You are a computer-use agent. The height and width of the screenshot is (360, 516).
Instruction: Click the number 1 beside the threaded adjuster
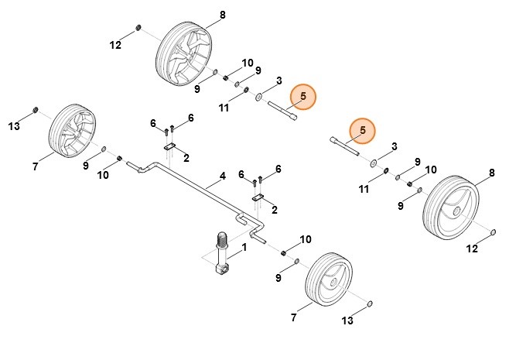tap(244, 248)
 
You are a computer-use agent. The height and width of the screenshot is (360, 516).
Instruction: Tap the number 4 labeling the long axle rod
tap(222, 177)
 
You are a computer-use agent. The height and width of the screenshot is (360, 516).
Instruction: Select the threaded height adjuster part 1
tap(221, 252)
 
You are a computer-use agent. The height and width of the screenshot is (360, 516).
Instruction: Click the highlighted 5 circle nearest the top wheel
tap(303, 96)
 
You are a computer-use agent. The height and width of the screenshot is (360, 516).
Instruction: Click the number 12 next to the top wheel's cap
tap(115, 46)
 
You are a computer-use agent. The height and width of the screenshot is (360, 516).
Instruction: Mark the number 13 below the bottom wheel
tap(347, 321)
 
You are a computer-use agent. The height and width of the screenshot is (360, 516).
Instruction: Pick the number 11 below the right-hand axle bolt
tap(364, 188)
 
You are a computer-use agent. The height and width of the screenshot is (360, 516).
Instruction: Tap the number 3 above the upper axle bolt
tap(278, 80)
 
